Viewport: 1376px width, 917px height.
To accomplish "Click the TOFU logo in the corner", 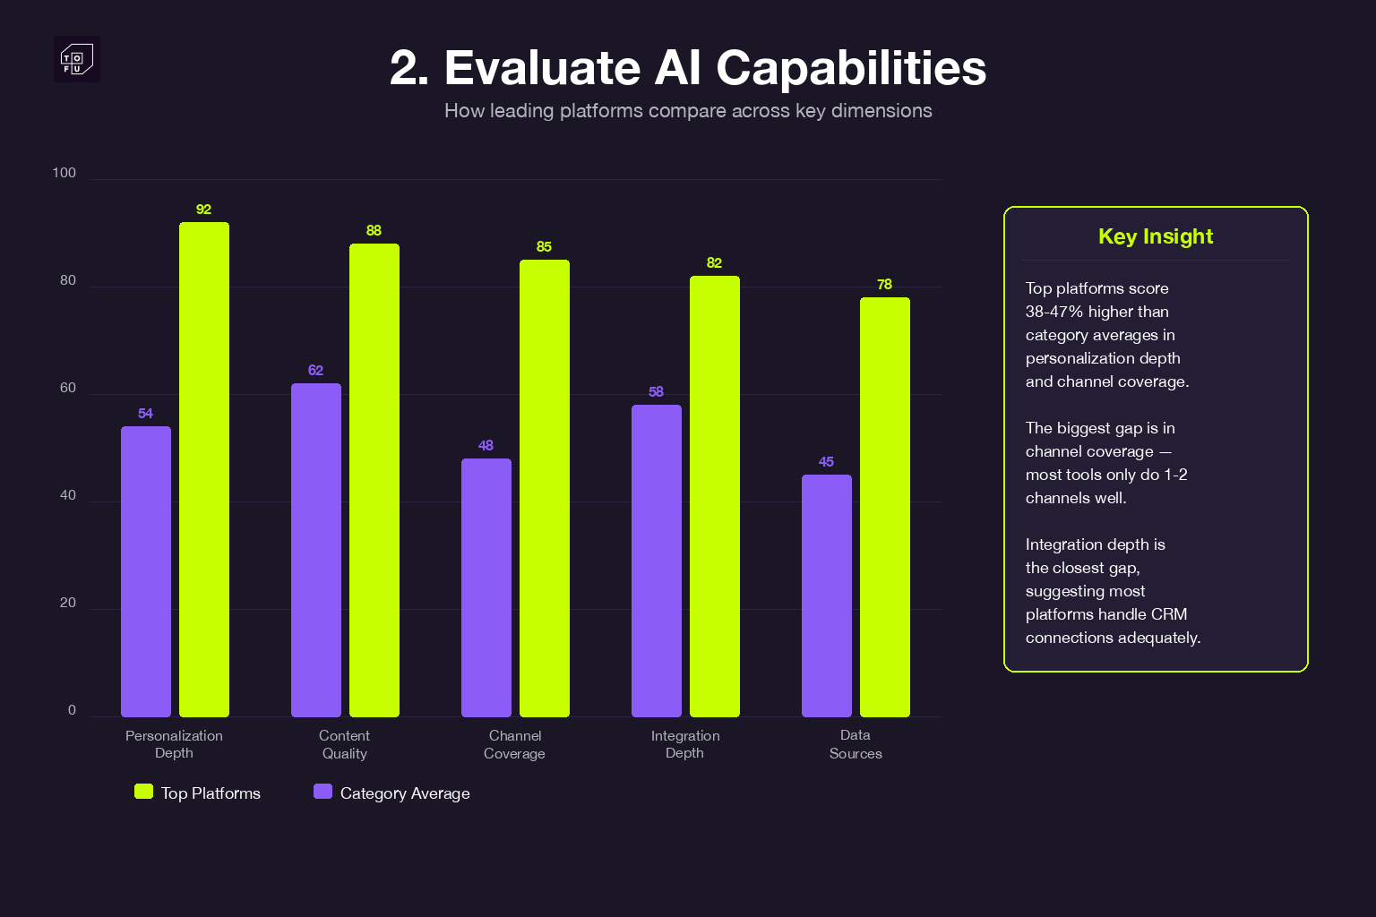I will coord(77,60).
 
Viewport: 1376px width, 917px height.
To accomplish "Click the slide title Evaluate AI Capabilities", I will coord(688,68).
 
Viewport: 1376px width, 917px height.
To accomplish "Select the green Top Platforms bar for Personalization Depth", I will coord(204,469).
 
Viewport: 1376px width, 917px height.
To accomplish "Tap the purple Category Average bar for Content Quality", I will coord(316,550).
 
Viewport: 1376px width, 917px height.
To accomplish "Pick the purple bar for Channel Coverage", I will coord(486,587).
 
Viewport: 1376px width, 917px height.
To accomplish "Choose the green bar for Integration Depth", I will coord(715,496).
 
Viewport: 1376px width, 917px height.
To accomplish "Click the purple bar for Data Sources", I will coord(827,596).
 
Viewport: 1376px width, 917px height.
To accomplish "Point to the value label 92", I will coord(204,210).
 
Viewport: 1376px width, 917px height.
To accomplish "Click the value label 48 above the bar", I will coord(486,446).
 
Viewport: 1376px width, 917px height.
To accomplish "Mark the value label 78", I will coord(884,285).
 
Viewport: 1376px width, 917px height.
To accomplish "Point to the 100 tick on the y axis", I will coord(64,173).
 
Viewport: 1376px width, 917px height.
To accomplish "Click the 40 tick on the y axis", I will coord(68,495).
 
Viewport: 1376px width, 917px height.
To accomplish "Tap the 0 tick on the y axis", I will coord(72,710).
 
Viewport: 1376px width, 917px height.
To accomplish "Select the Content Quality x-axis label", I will coord(345,744).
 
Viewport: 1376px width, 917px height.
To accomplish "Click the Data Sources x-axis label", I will coord(856,744).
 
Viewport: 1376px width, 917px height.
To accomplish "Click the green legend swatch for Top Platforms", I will coord(143,792).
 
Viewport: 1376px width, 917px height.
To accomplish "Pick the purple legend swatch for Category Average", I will coord(322,792).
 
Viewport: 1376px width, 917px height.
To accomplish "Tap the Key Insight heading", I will coord(1156,236).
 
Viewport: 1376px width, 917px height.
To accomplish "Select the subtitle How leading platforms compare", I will coord(688,111).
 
